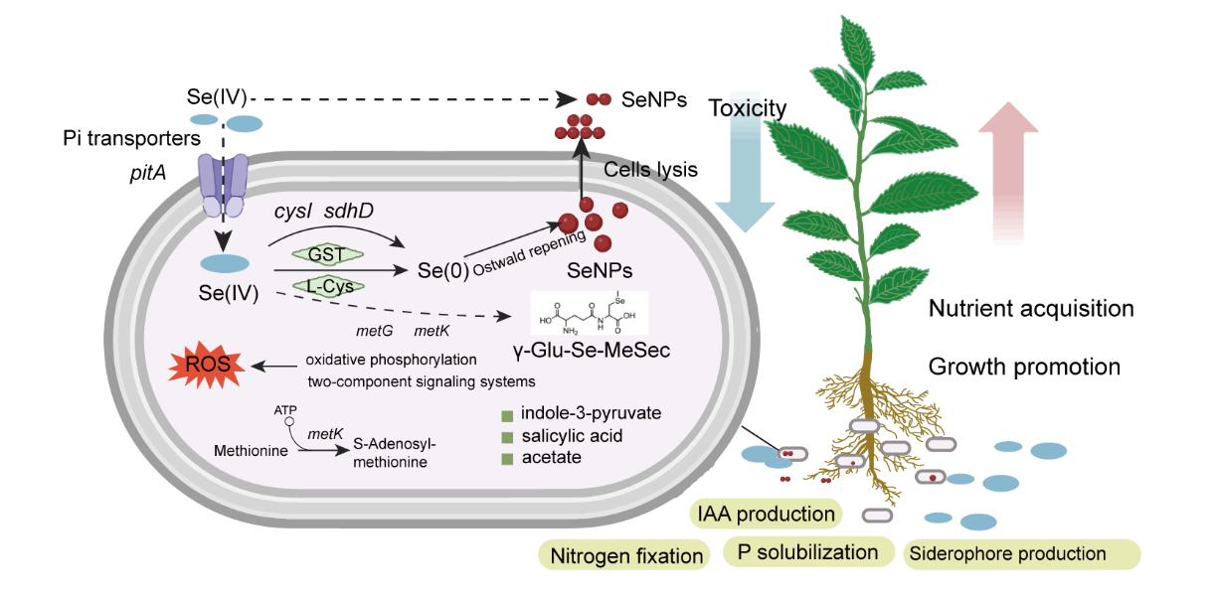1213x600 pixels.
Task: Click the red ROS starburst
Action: click(209, 366)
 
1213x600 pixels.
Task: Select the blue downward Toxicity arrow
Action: click(745, 164)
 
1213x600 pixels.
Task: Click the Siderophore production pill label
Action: click(1021, 553)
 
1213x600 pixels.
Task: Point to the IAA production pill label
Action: click(766, 514)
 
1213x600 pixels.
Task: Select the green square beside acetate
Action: click(506, 458)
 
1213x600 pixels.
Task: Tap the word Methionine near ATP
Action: click(252, 451)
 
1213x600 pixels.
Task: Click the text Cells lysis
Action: click(651, 170)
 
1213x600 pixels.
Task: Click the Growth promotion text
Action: click(1024, 367)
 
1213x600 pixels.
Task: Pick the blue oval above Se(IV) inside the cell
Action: click(226, 264)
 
